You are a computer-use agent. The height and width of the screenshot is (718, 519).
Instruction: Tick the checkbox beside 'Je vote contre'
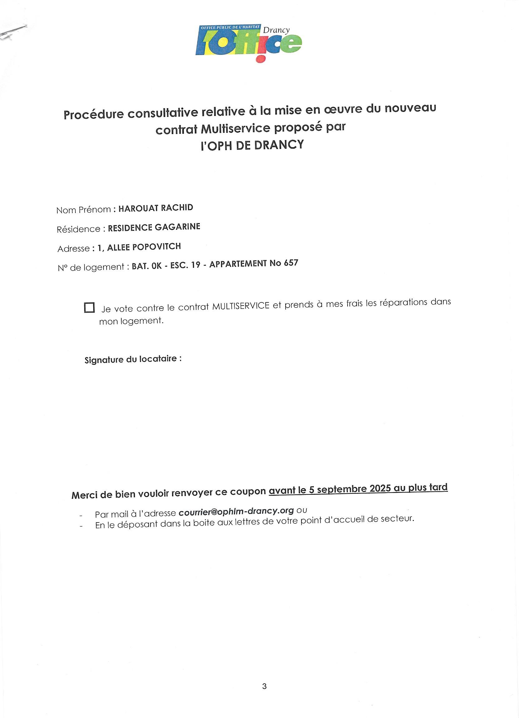pos(89,308)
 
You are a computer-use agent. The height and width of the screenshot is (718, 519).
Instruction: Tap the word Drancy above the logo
pos(276,30)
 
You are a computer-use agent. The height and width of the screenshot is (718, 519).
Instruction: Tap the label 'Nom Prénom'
pos(84,210)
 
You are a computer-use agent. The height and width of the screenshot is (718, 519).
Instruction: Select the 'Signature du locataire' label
pos(133,359)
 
